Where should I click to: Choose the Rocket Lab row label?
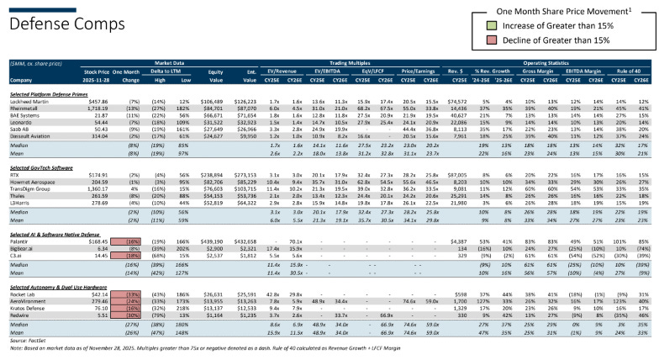pyautogui.click(x=25, y=293)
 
